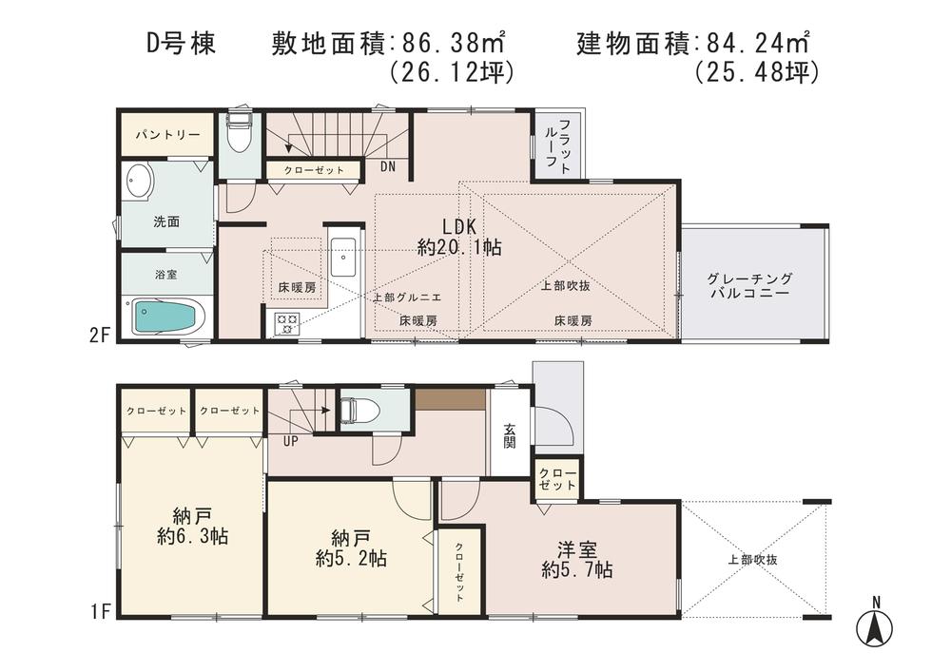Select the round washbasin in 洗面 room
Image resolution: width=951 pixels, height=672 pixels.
[139, 182]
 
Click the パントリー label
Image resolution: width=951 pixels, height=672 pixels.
[160, 135]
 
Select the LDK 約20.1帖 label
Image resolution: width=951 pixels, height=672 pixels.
[459, 237]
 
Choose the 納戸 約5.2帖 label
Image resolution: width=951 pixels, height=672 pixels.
[351, 547]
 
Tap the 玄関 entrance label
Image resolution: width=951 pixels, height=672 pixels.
[511, 434]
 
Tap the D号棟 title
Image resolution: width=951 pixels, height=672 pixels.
[181, 44]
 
